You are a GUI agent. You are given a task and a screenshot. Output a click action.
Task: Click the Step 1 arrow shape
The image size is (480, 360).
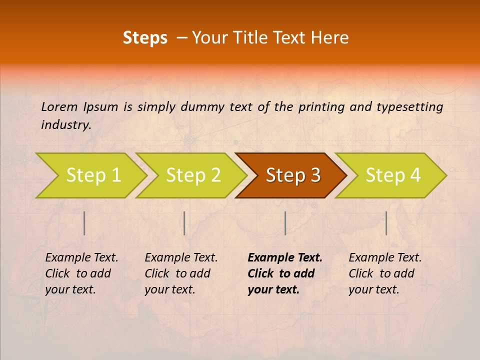[x=90, y=175]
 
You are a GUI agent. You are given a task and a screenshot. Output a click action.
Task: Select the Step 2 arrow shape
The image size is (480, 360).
[x=192, y=175]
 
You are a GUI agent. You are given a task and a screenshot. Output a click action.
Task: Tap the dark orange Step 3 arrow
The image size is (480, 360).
[x=292, y=175]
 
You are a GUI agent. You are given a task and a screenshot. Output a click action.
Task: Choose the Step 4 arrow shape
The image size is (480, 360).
[x=392, y=175]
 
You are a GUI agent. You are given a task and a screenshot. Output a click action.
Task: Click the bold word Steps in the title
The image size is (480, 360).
[x=145, y=38]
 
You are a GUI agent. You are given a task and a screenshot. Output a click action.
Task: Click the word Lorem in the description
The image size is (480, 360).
[x=59, y=106]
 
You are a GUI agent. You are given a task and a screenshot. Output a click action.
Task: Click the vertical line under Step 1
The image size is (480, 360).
[x=84, y=223]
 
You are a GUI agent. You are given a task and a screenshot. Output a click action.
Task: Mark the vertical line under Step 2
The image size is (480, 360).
[x=184, y=223]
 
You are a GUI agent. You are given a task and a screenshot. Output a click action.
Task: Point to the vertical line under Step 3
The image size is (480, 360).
[x=285, y=223]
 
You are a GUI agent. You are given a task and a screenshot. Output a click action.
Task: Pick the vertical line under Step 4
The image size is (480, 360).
[x=386, y=223]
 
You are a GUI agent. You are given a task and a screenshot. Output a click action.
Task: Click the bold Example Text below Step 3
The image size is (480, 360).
[x=285, y=258]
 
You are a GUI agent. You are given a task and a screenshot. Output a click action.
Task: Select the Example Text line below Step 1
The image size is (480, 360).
[x=81, y=258]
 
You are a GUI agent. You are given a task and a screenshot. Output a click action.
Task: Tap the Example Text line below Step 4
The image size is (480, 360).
[x=385, y=258]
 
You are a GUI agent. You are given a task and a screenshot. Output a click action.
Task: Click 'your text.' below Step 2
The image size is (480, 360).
[x=169, y=289]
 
